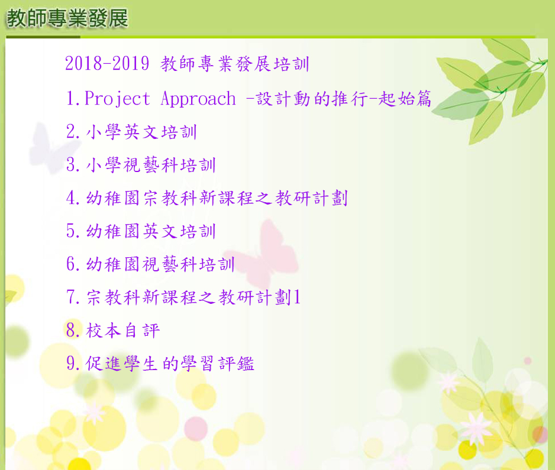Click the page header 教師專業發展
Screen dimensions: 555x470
[x=67, y=18]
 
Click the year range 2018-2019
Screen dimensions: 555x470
[x=107, y=64]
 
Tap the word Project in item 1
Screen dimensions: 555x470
[x=117, y=99]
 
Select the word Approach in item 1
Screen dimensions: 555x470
[x=198, y=99]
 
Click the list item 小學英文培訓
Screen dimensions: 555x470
[x=141, y=132]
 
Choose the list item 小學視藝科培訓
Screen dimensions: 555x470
[x=151, y=165]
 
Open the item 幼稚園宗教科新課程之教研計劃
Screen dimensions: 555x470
[x=217, y=198]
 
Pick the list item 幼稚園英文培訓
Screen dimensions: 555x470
[x=151, y=231]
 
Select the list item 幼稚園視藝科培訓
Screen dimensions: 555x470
[x=160, y=264]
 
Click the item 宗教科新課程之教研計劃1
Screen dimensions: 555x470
[x=193, y=297]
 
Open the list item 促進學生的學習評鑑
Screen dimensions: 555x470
[x=170, y=363]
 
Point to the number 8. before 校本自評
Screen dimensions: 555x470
[x=73, y=330]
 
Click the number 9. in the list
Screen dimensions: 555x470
[x=73, y=363]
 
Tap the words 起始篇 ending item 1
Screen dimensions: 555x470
[x=405, y=99]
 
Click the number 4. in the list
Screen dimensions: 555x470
[x=73, y=198]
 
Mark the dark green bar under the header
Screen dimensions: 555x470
[x=43, y=37]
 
